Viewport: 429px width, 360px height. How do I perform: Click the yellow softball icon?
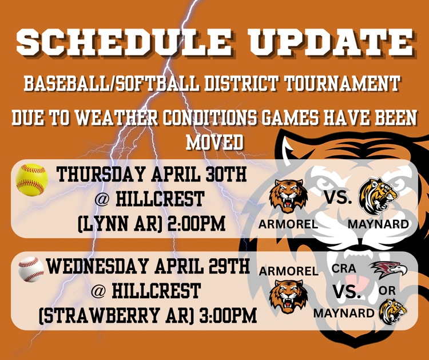click(31, 180)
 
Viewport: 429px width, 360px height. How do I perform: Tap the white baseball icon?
click(31, 270)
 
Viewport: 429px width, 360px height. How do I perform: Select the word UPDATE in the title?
click(331, 42)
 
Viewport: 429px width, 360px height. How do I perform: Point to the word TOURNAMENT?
click(343, 83)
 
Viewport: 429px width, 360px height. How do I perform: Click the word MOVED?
click(214, 142)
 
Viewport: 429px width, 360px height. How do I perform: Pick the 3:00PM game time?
click(228, 315)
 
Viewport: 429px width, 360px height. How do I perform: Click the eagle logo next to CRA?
click(388, 270)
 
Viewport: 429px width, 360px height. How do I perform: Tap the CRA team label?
click(344, 268)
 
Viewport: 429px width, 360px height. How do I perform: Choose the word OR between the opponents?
click(387, 291)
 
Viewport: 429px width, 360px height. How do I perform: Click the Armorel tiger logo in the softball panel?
click(288, 196)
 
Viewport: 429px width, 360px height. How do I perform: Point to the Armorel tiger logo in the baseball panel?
click(288, 296)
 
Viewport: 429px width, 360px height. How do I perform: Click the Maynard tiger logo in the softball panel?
click(379, 196)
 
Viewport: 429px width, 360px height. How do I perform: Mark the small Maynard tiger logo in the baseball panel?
click(392, 312)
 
